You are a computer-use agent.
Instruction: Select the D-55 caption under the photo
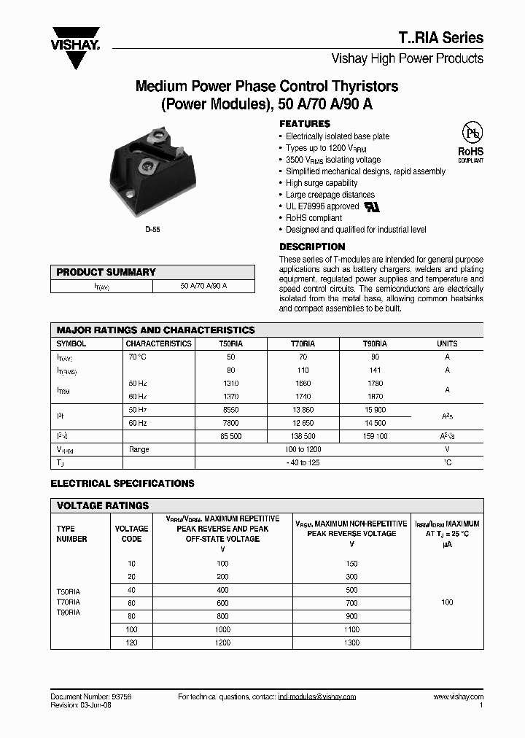point(152,229)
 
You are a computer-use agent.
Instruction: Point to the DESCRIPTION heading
point(312,247)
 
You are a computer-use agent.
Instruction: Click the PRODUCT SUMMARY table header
point(106,272)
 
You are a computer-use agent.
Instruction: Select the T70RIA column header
point(303,343)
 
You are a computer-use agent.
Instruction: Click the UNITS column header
point(447,343)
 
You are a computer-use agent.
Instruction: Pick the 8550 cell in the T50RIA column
point(231,411)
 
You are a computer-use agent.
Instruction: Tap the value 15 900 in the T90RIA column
point(375,411)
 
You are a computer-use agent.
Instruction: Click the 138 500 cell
point(303,436)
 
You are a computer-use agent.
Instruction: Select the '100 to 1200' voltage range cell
point(303,450)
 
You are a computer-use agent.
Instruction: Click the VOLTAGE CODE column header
point(131,534)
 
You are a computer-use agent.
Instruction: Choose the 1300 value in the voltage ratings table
point(351,642)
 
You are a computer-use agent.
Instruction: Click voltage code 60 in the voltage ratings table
point(131,603)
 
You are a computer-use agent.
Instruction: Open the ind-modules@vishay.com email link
point(317,697)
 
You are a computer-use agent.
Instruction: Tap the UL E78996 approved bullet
point(322,206)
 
